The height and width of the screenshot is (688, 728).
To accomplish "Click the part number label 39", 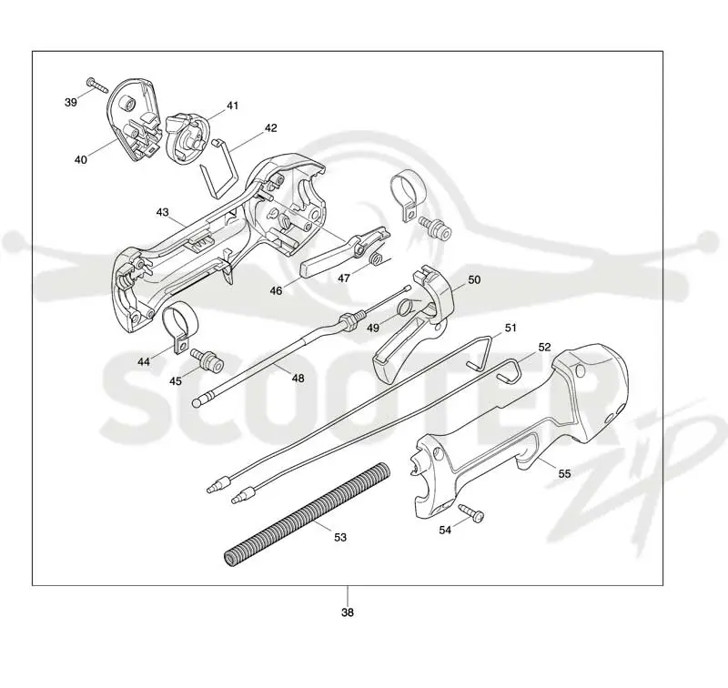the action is (71, 102).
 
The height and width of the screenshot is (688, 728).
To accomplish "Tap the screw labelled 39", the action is (96, 85).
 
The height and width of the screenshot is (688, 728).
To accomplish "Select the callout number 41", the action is (233, 106).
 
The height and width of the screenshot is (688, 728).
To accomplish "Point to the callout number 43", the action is (163, 212).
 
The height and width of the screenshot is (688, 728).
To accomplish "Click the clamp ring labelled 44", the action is (179, 327).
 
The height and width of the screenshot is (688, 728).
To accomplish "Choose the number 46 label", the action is (276, 291).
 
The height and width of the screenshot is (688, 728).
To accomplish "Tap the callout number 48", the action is (298, 379).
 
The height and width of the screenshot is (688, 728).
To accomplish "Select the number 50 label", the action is (474, 280).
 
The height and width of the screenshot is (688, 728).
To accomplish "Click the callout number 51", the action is (511, 329).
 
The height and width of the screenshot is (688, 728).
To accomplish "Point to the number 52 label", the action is (544, 348).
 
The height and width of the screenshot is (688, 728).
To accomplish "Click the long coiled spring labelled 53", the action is (308, 514).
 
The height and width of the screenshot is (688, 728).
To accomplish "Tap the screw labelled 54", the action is (470, 512).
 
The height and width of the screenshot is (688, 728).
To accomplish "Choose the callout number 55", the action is (564, 474).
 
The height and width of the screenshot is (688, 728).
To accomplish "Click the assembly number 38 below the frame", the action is (348, 612).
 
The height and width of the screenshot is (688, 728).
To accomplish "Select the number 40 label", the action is (80, 159).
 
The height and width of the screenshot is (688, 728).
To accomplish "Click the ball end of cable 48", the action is (197, 402).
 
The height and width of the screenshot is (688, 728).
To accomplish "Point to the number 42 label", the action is (270, 127).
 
